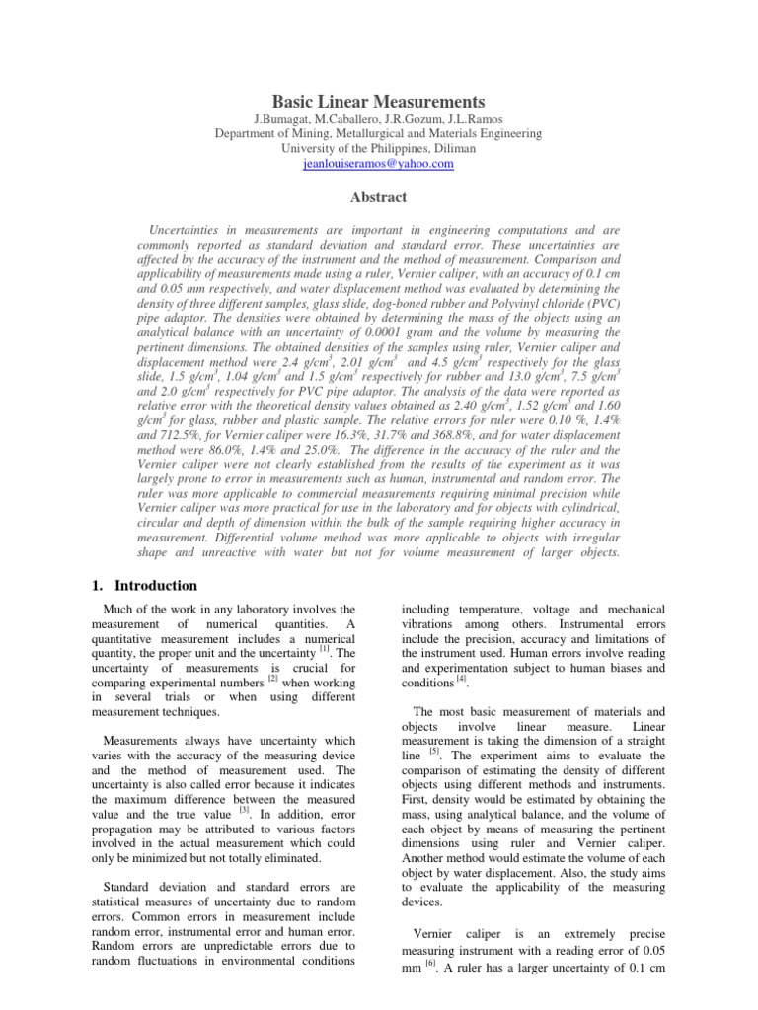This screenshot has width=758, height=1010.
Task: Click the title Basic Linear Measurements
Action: click(x=378, y=102)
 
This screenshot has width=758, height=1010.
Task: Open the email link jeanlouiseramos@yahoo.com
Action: click(x=378, y=164)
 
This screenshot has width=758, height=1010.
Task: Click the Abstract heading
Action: click(x=378, y=196)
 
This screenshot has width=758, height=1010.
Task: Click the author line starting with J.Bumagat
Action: click(x=378, y=119)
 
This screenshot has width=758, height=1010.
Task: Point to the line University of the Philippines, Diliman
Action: click(x=378, y=149)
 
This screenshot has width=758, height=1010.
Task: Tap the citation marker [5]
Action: click(x=434, y=752)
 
